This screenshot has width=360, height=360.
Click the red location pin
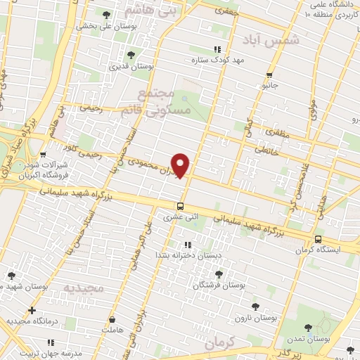point(181,165)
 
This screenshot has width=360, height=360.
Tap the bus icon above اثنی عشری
point(181,206)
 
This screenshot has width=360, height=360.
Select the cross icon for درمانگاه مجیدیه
point(32,310)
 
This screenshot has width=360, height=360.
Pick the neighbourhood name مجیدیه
point(84,288)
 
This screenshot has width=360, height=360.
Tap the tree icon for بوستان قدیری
point(130,55)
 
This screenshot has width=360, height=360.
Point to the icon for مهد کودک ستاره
point(217,49)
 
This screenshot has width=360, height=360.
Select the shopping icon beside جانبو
point(269,75)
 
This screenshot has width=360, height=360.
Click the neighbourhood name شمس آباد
point(270,41)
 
